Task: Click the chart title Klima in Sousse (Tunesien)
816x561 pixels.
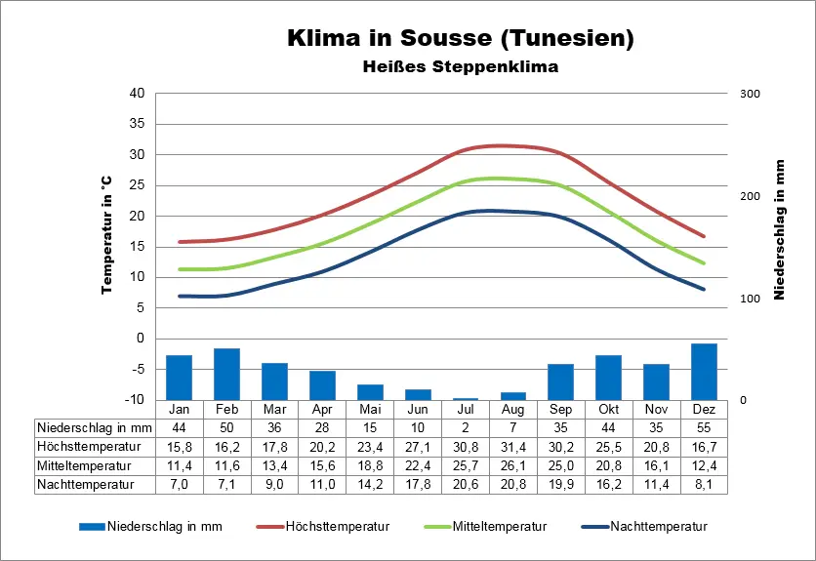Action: (x=461, y=39)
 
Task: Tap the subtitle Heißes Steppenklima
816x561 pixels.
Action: (x=461, y=67)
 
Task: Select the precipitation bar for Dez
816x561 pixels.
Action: (x=704, y=372)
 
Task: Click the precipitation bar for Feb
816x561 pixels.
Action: (x=226, y=374)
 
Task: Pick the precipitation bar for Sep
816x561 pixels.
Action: (x=560, y=381)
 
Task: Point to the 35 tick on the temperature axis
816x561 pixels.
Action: (x=137, y=124)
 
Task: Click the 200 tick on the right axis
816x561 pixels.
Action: (x=750, y=196)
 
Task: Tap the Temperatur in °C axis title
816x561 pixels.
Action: (x=107, y=236)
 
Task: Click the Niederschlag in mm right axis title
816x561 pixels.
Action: (x=780, y=229)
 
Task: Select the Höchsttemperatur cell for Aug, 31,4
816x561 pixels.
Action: (x=512, y=447)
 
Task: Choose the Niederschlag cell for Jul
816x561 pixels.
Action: (x=465, y=427)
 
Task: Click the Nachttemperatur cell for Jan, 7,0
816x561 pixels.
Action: (x=179, y=484)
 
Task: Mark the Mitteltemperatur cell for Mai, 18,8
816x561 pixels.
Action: (x=370, y=465)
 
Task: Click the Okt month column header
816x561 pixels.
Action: (x=608, y=409)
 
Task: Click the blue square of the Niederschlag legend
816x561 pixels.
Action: (x=93, y=527)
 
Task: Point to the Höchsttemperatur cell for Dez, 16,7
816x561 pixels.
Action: (x=704, y=447)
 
